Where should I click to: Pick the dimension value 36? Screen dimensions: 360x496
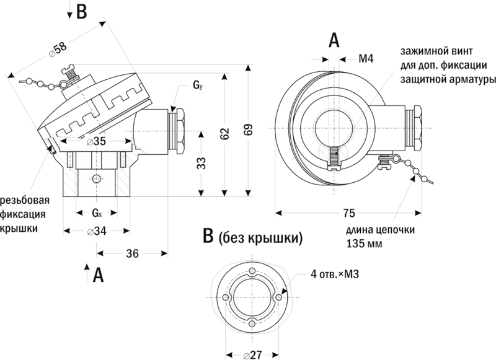(x=131, y=253)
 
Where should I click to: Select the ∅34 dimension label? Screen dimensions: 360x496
(x=95, y=231)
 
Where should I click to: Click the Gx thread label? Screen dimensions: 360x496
(x=97, y=213)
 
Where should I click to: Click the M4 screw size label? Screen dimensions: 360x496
(x=366, y=59)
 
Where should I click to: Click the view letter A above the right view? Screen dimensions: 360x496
(x=334, y=40)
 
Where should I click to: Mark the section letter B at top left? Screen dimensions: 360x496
(x=81, y=12)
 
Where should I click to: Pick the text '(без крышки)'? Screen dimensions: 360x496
(x=260, y=237)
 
